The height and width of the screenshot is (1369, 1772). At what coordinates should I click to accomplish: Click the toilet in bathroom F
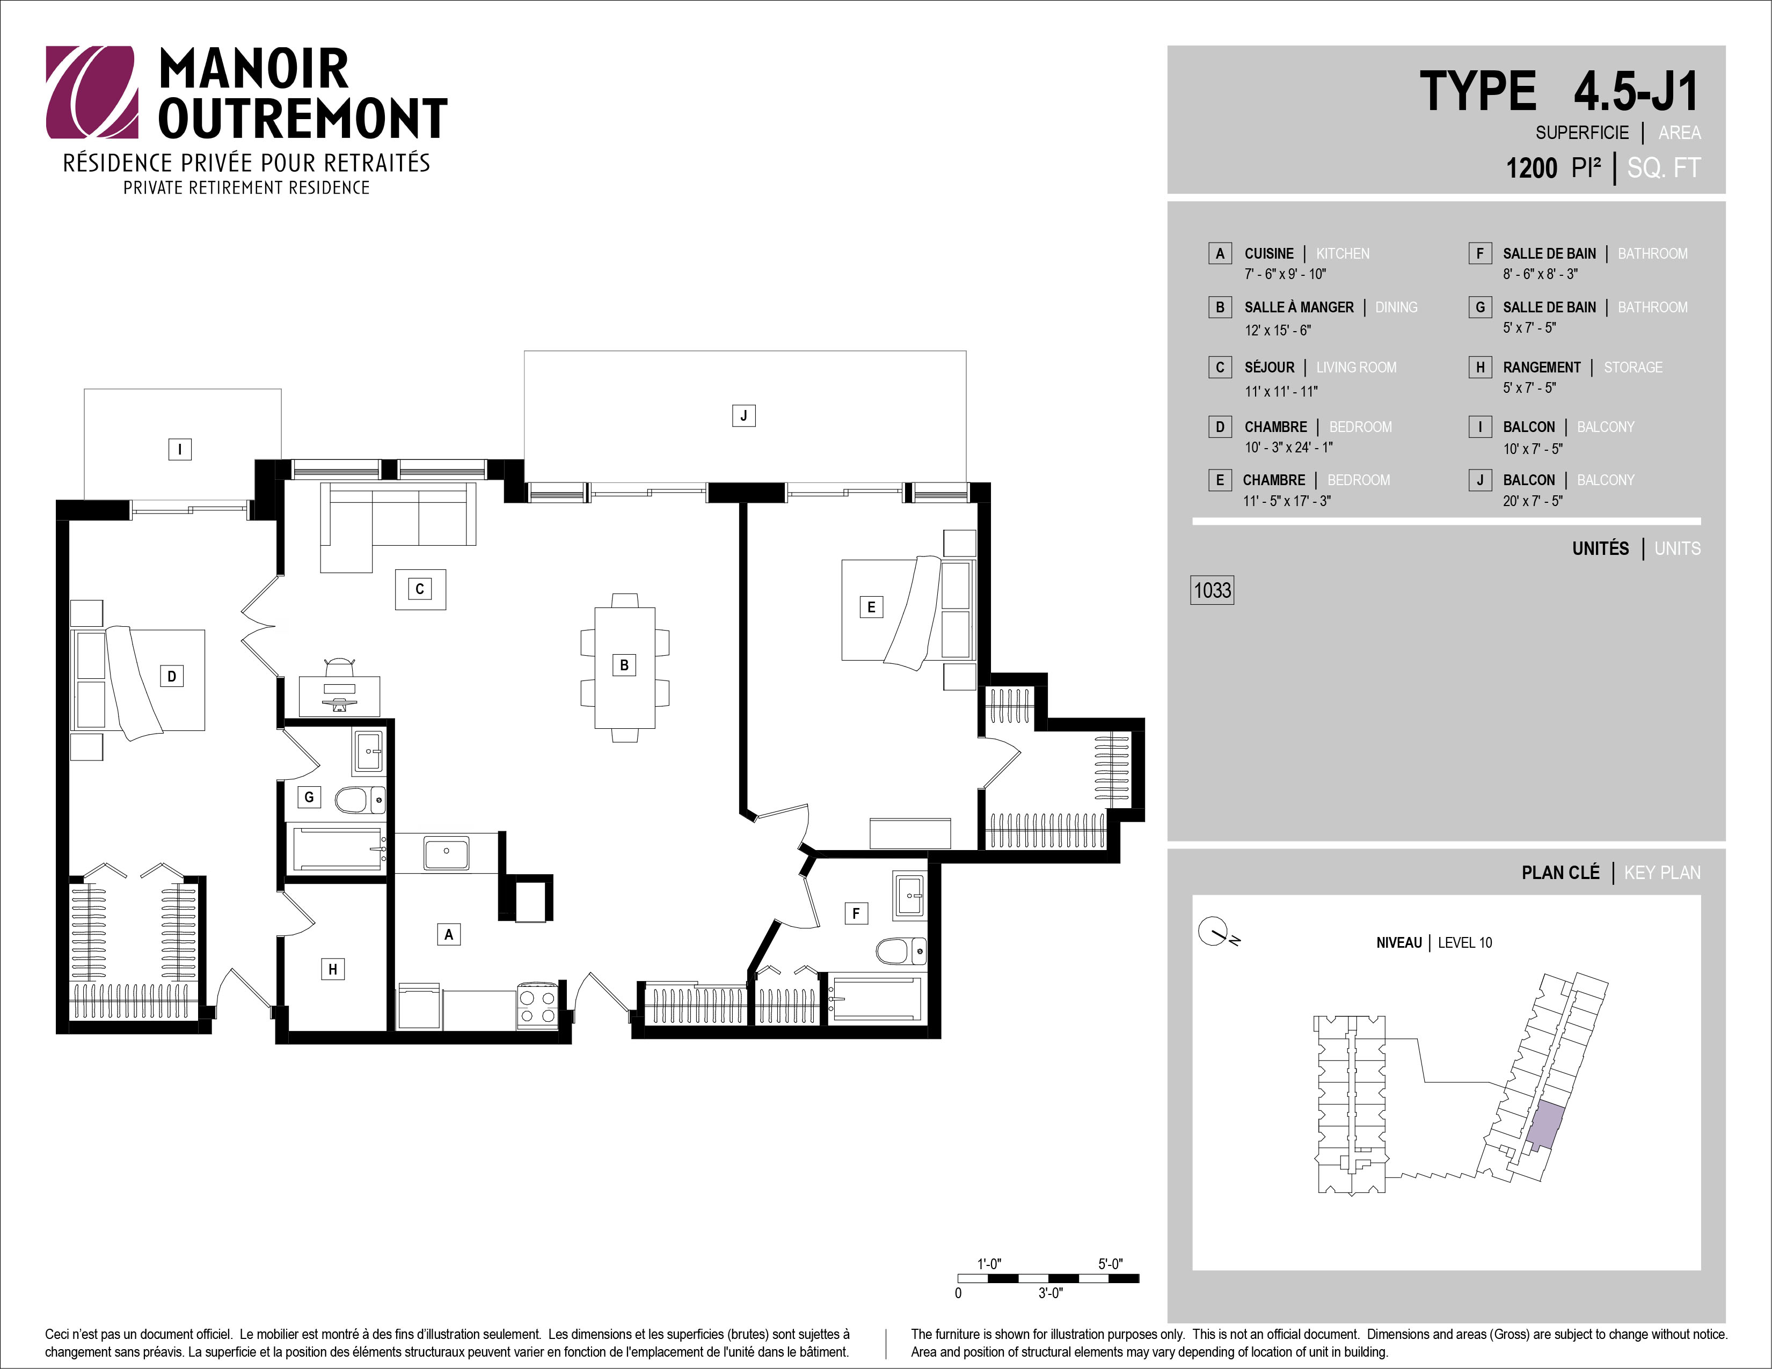[x=901, y=950]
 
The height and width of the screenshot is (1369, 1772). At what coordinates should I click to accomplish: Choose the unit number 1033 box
[x=1212, y=590]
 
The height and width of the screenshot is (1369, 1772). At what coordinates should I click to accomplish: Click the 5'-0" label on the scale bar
[x=1110, y=1264]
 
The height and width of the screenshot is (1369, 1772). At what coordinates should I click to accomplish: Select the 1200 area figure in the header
[x=1532, y=168]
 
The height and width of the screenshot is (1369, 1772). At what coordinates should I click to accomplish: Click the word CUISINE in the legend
[x=1269, y=254]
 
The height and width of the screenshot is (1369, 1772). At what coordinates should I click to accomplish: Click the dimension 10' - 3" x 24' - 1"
[x=1288, y=448]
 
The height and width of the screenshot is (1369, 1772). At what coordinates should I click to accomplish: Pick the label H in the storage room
[x=333, y=969]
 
